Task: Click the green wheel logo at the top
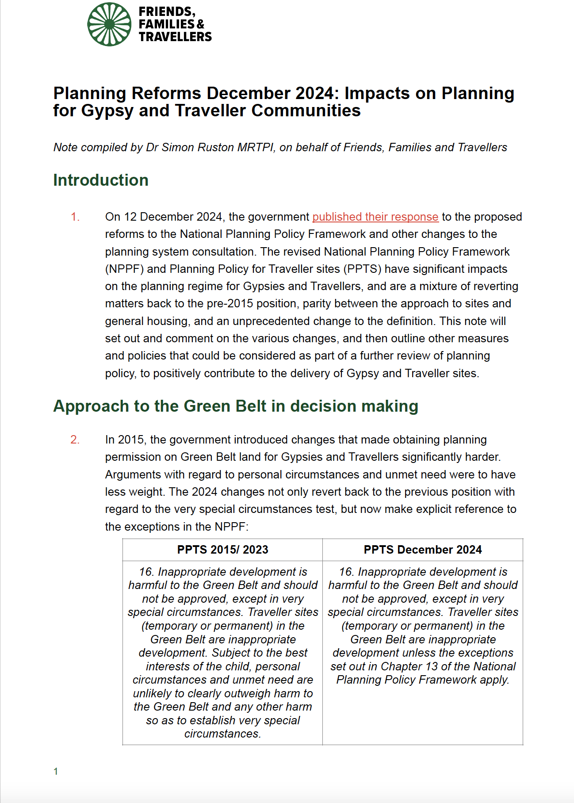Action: [x=109, y=24]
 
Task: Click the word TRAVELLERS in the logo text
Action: [x=175, y=37]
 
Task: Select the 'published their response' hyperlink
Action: [x=375, y=217]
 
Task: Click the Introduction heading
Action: [x=101, y=180]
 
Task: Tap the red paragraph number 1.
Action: [x=75, y=217]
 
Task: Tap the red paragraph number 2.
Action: [x=75, y=440]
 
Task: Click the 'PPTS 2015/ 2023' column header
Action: [x=222, y=550]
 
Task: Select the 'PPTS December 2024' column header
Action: [x=422, y=550]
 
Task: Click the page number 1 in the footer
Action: [x=56, y=772]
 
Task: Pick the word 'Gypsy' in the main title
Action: [x=107, y=111]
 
